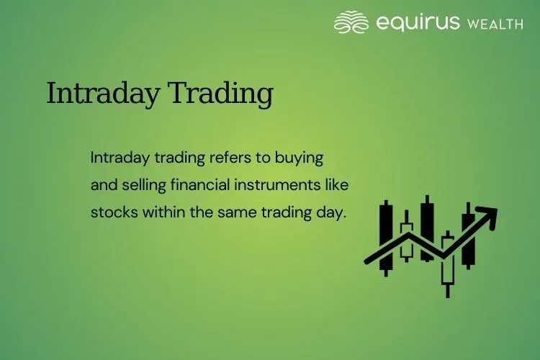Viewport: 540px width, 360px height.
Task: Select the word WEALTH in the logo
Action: (x=495, y=24)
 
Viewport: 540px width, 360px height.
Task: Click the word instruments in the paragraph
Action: (x=274, y=185)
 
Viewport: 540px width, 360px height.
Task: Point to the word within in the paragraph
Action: (x=161, y=213)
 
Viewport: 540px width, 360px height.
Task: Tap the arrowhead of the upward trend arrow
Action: (x=489, y=215)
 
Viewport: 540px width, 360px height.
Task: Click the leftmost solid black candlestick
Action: (x=387, y=238)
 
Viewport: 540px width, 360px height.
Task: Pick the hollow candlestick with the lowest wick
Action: (x=448, y=259)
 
